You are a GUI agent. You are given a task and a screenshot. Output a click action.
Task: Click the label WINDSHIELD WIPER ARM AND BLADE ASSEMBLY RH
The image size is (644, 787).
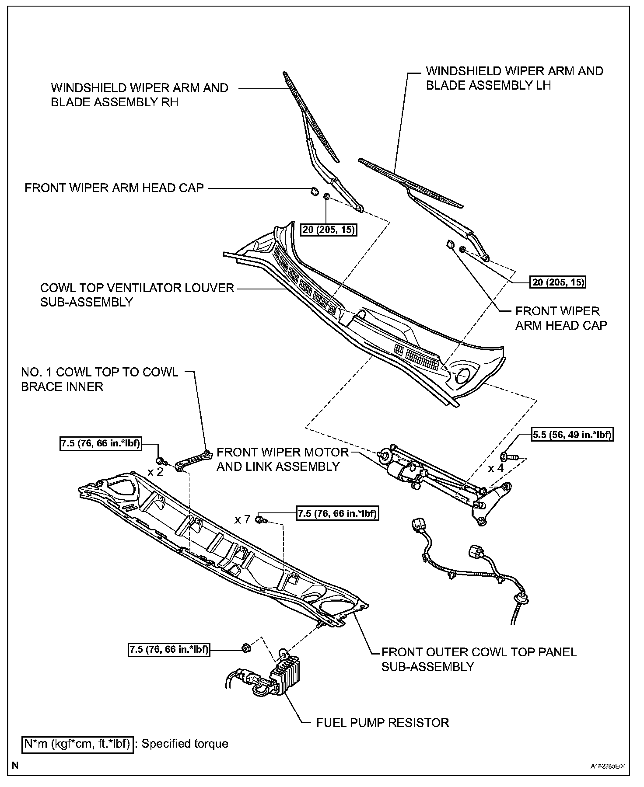click(x=139, y=95)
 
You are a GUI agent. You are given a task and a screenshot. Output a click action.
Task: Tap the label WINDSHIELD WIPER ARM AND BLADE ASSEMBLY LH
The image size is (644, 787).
click(x=514, y=78)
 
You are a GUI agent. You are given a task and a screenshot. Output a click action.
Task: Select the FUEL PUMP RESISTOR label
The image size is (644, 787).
click(x=382, y=722)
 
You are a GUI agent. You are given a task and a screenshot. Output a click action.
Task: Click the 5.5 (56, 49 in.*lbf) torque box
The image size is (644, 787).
click(x=572, y=435)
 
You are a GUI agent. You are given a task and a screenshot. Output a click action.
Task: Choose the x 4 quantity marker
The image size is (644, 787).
click(x=496, y=468)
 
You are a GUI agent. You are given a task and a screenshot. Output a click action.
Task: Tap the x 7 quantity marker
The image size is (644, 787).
click(x=242, y=519)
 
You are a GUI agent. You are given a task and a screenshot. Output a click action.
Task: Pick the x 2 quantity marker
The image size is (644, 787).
click(x=155, y=472)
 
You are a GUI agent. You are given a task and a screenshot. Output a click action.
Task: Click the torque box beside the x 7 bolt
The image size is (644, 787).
click(x=337, y=513)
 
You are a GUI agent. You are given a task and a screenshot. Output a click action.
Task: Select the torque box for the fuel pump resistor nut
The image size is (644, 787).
click(x=169, y=649)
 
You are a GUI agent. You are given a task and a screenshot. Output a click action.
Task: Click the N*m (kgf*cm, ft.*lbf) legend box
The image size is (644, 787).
click(x=77, y=744)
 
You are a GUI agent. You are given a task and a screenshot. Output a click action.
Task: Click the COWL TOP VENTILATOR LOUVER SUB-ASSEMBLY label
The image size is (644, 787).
click(x=137, y=295)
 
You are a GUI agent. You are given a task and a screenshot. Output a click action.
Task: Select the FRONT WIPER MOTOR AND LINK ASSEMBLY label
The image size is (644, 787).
click(x=283, y=459)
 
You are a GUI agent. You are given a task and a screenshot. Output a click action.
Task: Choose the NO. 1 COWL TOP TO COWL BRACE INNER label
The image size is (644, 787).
click(x=100, y=379)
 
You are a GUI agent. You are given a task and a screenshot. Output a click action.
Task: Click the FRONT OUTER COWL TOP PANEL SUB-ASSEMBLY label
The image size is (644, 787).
click(x=479, y=659)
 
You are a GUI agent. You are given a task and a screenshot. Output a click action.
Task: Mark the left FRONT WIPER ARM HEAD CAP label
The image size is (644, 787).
click(x=114, y=188)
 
